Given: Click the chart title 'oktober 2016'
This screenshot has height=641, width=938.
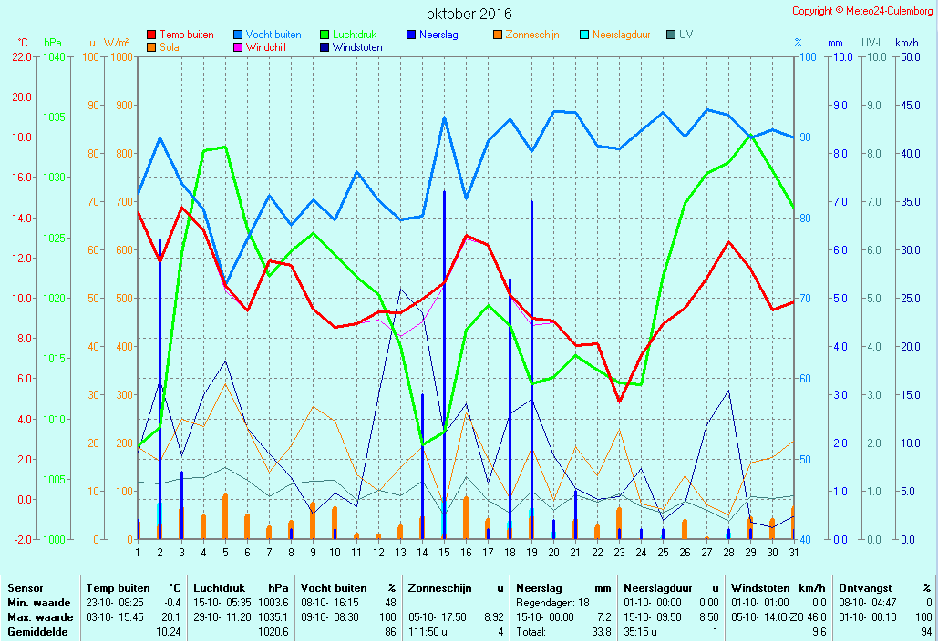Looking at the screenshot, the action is pos(469,14).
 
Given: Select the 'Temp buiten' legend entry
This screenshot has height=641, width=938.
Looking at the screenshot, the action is pos(180,35).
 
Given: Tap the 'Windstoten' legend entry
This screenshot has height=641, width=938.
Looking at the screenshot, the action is pos(351,47).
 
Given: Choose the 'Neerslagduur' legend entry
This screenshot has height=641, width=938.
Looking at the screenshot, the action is pos(615,35).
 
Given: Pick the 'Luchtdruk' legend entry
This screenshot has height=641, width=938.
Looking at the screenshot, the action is pos(348,35).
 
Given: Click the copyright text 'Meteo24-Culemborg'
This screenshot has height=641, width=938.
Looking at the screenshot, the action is pos(889,11).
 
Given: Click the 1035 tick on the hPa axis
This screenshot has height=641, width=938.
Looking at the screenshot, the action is pos(54,117).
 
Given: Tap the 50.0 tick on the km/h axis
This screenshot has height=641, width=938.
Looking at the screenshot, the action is pos(911,56).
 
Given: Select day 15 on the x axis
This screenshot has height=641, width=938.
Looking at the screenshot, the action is pos(444,553).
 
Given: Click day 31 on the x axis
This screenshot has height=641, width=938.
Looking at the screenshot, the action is pos(794,553).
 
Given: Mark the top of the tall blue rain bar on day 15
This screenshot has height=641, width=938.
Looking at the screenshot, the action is pos(444,192).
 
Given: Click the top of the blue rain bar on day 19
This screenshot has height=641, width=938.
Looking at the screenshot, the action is pos(531,202).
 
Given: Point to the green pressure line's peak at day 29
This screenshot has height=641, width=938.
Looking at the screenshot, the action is pos(750,136).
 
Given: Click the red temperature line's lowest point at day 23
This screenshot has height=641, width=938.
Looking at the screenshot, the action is pos(619,401).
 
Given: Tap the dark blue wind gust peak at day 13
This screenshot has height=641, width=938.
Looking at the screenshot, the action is pos(400,290).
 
